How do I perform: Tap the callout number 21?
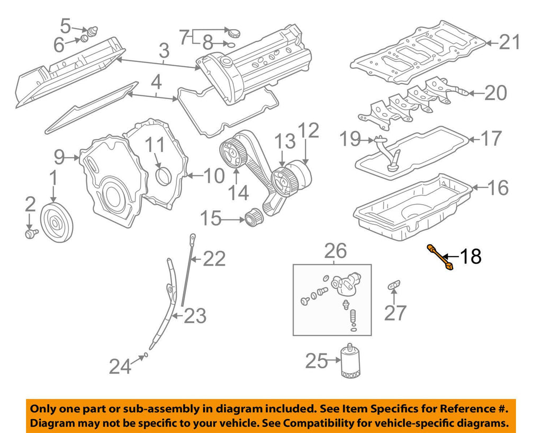coord(510,42)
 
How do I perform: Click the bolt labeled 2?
coord(30,233)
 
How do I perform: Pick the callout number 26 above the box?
coord(335,250)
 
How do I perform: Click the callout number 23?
coord(194,316)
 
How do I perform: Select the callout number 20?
coord(495,93)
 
